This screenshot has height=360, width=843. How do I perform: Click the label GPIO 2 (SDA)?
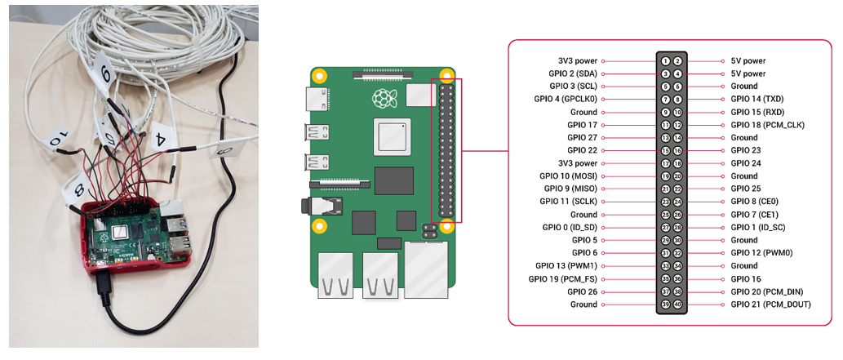(x=575, y=73)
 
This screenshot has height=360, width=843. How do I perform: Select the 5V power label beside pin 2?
(x=748, y=61)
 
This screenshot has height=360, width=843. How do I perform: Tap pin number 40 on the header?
(x=677, y=304)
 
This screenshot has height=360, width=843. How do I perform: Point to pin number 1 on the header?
(x=666, y=61)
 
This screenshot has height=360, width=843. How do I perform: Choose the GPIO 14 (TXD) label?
(x=757, y=99)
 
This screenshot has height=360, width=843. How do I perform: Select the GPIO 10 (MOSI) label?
(x=569, y=176)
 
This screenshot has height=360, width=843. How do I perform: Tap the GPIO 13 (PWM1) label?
(x=566, y=265)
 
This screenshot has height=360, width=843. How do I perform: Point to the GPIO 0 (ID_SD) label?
(x=570, y=227)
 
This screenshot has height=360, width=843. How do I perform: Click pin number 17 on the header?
(x=666, y=163)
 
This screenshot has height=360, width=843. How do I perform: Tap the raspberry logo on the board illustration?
(x=382, y=99)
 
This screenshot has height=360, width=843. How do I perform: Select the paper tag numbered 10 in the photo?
(x=55, y=141)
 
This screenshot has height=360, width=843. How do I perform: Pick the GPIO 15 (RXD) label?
(x=757, y=112)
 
